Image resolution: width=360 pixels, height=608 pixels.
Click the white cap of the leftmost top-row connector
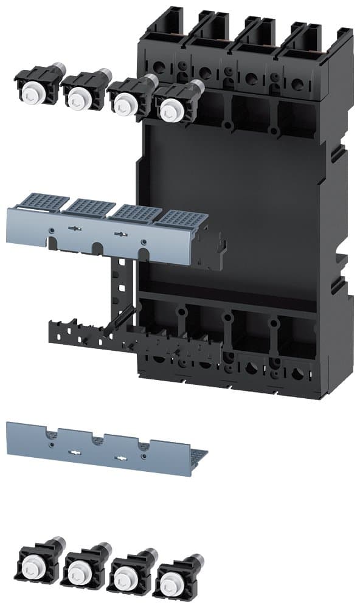32,92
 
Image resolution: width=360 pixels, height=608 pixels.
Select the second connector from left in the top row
79,96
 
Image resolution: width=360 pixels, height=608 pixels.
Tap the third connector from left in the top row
125,104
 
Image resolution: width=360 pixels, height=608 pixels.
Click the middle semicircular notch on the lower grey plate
96,437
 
